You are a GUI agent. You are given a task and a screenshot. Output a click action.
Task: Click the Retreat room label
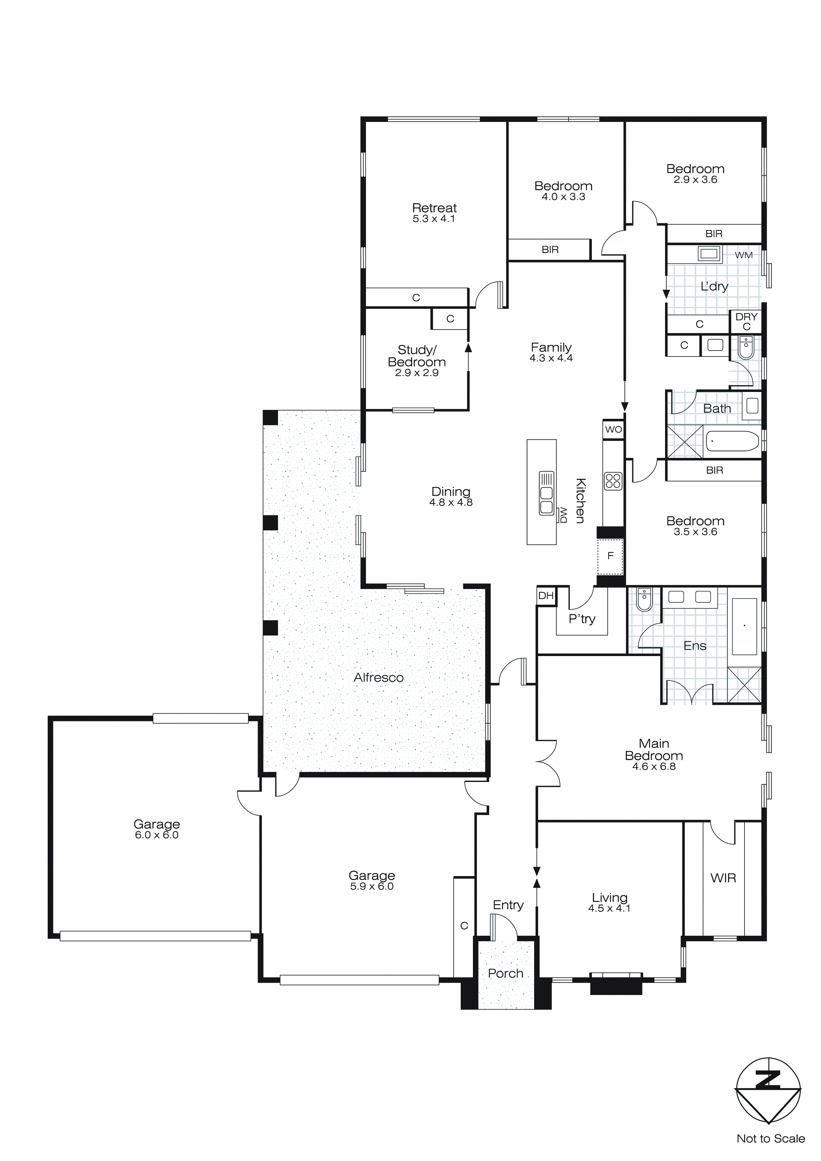434,208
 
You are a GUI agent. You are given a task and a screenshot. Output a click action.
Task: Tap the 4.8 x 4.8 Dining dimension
451,503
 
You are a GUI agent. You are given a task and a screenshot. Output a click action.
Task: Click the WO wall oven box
613,430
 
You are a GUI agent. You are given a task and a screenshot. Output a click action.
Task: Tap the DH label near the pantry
545,596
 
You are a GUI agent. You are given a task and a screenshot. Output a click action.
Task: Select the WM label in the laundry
743,255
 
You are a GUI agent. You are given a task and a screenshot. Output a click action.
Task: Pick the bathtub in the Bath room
732,441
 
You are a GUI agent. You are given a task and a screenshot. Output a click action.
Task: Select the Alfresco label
379,678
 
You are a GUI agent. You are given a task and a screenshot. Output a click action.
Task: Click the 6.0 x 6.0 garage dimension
157,835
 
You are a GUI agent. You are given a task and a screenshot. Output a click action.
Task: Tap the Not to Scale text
770,1139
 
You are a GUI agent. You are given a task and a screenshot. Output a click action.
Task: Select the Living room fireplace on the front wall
616,982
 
